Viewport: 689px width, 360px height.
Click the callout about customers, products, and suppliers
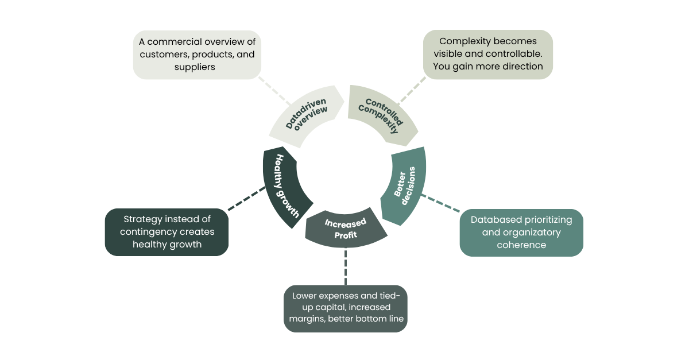click(198, 55)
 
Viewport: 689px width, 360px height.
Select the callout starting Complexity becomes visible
click(488, 54)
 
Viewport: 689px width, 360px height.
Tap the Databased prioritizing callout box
click(521, 233)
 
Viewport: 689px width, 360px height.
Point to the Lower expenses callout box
click(345, 308)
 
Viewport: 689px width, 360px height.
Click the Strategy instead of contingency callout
click(167, 232)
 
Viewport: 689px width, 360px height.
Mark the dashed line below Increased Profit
click(345, 266)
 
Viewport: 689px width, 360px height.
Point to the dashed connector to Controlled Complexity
click(411, 91)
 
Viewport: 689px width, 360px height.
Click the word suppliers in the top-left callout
click(195, 67)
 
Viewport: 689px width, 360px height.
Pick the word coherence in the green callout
click(521, 245)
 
